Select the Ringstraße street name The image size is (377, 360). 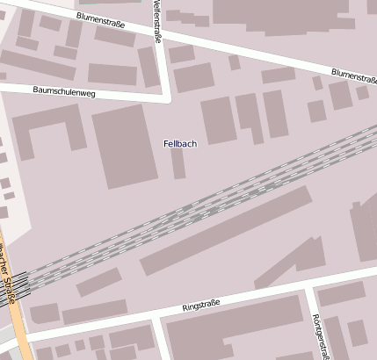pyautogui.click(x=200, y=305)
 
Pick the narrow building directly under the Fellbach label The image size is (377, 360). pyautogui.click(x=178, y=163)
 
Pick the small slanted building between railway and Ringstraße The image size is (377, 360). pyautogui.click(x=98, y=282)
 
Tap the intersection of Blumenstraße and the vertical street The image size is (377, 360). pyautogui.click(x=158, y=32)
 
